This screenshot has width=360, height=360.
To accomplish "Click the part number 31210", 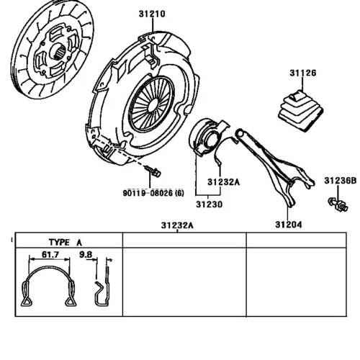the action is pyautogui.click(x=152, y=14).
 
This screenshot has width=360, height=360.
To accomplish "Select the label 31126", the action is pyautogui.click(x=303, y=73).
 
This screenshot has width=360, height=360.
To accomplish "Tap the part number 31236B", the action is pyautogui.click(x=341, y=181).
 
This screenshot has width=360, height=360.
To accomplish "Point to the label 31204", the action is pyautogui.click(x=289, y=225).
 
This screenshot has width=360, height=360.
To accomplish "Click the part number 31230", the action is pyautogui.click(x=210, y=204).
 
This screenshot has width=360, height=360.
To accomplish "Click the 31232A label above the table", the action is pyautogui.click(x=177, y=225).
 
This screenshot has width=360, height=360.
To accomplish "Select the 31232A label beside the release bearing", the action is pyautogui.click(x=224, y=182).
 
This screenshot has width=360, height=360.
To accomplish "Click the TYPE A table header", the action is pyautogui.click(x=66, y=243).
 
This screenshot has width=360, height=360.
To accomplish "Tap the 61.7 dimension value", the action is pyautogui.click(x=50, y=254).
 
